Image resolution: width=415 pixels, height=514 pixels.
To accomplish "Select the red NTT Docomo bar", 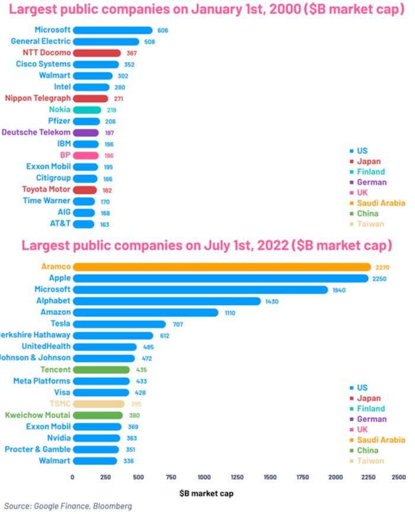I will click(97, 53).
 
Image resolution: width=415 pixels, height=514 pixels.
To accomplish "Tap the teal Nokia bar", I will click(87, 110).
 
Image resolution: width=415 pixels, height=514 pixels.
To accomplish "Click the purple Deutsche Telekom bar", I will click(86, 133).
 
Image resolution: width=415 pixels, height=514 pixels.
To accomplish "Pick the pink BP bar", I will click(86, 155).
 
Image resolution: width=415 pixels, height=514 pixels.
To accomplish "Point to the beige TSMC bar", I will click(98, 404).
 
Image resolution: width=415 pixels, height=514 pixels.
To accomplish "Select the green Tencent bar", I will click(101, 370).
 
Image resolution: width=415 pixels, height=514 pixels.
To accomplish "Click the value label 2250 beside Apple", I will click(379, 278).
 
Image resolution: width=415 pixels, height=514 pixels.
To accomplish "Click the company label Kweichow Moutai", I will click(37, 415).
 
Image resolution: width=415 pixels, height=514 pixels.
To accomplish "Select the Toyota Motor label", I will click(46, 189).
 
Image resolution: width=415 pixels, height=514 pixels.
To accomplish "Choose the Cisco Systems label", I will click(43, 64).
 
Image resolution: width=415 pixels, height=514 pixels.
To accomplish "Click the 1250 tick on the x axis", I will click(237, 477).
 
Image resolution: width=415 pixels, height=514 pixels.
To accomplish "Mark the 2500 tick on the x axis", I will click(399, 477).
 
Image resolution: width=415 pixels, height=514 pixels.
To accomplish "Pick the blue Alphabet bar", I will click(167, 301).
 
